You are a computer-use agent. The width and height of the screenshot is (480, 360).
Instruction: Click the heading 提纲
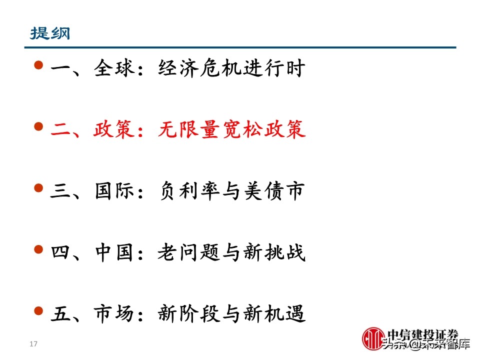(50, 33)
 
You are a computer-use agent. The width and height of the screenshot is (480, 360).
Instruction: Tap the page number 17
(34, 344)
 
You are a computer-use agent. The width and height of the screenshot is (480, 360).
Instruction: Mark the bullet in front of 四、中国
(39, 249)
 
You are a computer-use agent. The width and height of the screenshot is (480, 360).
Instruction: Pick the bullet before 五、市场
(39, 310)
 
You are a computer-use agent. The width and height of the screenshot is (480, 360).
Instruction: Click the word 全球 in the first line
(114, 68)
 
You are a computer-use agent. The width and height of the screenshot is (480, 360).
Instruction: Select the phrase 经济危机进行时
(231, 68)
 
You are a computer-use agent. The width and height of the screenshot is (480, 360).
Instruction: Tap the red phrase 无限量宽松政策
(231, 130)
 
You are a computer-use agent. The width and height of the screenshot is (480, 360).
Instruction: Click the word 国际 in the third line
(114, 191)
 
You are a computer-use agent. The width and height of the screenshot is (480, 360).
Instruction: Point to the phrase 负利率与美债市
(231, 191)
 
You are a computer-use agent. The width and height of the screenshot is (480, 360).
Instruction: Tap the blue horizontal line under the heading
(240, 47)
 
